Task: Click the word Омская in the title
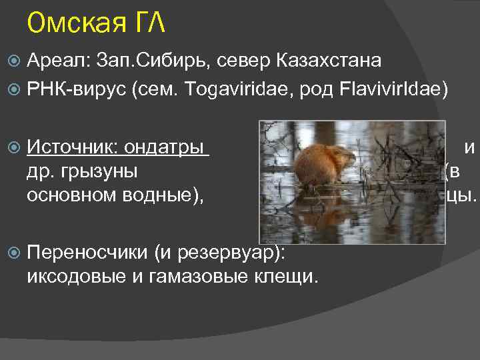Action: [x=73, y=25]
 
